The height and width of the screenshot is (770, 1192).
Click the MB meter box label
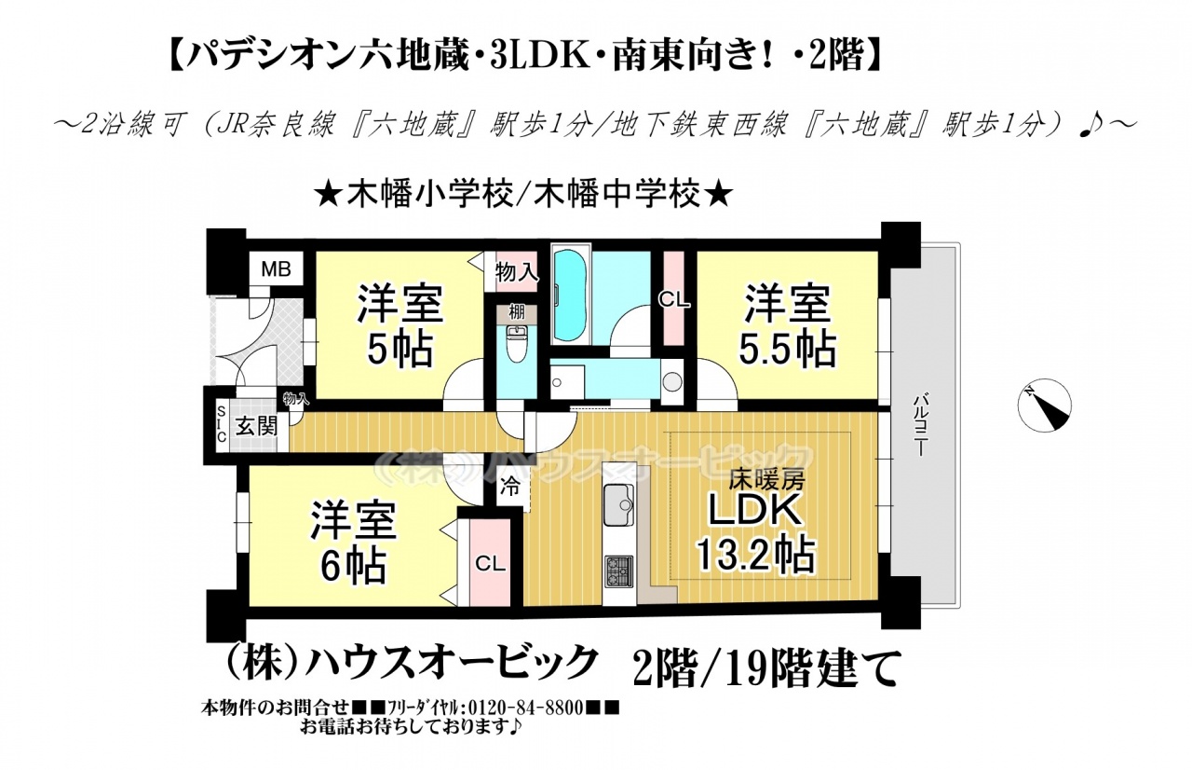click(x=277, y=269)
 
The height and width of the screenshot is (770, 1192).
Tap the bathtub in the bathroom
click(x=571, y=295)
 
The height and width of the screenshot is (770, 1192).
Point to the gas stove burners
click(x=619, y=571)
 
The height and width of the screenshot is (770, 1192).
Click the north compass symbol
click(x=1045, y=406)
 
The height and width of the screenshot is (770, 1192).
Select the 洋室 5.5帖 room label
click(x=787, y=326)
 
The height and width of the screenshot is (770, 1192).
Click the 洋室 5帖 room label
click(x=400, y=326)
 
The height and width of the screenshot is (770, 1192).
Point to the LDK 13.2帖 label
click(x=755, y=539)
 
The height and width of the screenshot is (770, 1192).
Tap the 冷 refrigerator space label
click(x=509, y=487)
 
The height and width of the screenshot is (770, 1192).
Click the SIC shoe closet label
click(x=222, y=424)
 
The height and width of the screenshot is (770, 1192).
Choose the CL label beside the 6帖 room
click(x=490, y=563)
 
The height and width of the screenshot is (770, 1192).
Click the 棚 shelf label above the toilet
click(x=516, y=312)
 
